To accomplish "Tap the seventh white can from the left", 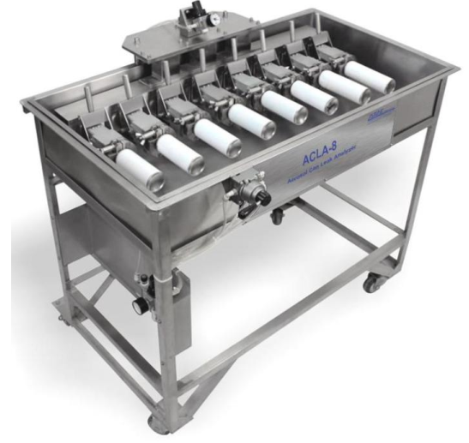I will tap(341, 86).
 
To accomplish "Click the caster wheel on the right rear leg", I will tap(371, 283).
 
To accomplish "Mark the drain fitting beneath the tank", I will tap(276, 217).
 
